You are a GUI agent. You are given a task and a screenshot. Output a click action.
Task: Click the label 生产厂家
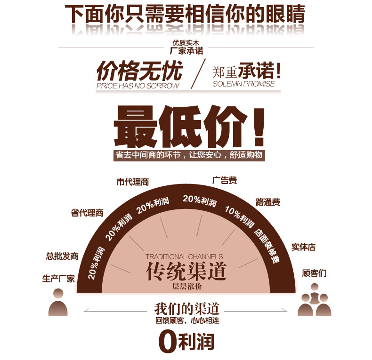click(x=58, y=279)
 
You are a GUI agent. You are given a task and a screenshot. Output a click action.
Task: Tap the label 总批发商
click(x=62, y=256)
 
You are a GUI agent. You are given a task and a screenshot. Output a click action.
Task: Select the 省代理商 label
click(x=87, y=213)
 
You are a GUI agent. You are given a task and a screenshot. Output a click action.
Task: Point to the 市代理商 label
click(x=132, y=182)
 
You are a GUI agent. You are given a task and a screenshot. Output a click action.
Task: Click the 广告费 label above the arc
click(x=224, y=180)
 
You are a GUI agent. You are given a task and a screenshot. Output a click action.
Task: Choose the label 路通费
click(x=268, y=202)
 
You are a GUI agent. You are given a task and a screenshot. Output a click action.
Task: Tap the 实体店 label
click(x=303, y=247)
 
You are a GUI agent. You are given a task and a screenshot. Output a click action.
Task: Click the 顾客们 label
click(x=314, y=273)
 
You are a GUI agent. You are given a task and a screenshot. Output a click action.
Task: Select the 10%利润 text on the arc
click(x=240, y=216)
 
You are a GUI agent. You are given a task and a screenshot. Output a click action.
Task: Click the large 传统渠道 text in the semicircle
click(x=186, y=272)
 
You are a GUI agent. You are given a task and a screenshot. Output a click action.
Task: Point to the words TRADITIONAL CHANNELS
click(x=184, y=257)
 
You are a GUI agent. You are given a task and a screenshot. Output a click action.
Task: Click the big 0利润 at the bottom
click(x=187, y=341)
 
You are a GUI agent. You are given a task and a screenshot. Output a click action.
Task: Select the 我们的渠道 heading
click(x=186, y=310)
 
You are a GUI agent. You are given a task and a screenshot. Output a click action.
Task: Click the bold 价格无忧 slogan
click(x=139, y=72)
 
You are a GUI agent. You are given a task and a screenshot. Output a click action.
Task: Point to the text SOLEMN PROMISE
click(x=243, y=84)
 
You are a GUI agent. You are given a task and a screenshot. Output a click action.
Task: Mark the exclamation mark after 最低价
click(x=258, y=127)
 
